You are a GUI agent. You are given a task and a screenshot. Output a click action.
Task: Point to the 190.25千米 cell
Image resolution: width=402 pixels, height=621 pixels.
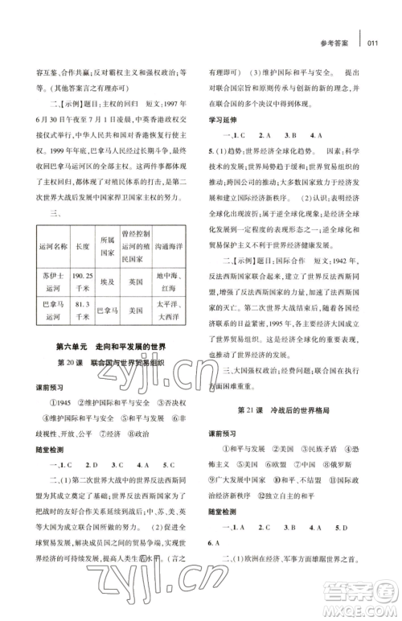(82, 282)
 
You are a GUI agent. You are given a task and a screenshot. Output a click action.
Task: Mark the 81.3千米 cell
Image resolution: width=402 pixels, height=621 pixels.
(82, 310)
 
